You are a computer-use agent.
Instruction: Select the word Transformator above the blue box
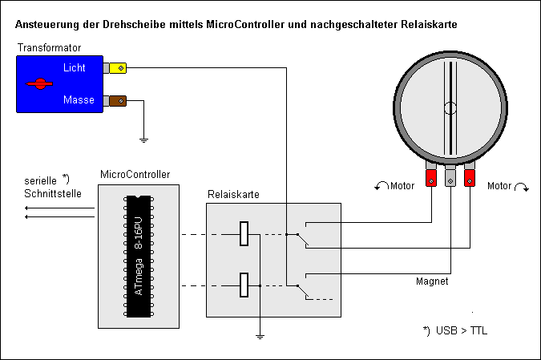coord(50,48)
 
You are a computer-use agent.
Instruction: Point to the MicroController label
coord(135,174)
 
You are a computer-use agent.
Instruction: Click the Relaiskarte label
coord(233,194)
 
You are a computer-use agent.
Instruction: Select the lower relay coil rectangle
coord(246,285)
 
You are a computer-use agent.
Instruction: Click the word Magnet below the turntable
coord(431,282)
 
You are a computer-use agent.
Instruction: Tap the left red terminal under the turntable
coord(431,177)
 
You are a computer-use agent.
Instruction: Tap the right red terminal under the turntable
coord(470,173)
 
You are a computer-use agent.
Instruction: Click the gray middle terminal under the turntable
coord(450,177)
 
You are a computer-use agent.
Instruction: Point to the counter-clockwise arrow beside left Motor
coord(381,187)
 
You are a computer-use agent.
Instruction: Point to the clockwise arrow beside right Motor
coord(521,187)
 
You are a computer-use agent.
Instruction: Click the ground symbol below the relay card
coord(259,336)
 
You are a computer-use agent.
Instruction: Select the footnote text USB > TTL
coord(460,330)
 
